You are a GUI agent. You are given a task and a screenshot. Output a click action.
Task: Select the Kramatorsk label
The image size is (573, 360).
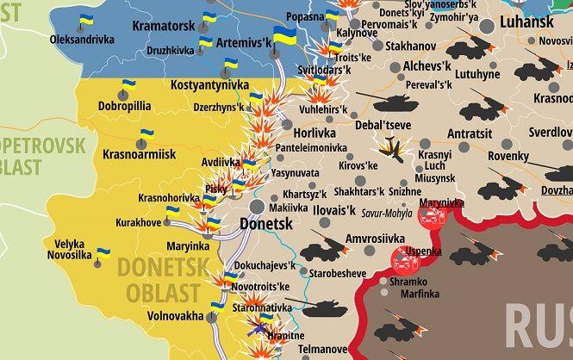pos(164,26)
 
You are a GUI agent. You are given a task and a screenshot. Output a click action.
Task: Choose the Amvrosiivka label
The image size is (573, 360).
pos(374,238)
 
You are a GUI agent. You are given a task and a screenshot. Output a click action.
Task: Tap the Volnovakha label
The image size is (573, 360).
pos(175,315)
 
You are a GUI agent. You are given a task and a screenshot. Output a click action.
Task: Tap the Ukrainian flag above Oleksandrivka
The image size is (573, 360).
pos(87,22)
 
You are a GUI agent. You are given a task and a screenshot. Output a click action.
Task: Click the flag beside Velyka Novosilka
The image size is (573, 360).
pos(103,254)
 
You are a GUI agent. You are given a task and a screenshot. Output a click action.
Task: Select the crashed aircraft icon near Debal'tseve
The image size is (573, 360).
pos(396,148)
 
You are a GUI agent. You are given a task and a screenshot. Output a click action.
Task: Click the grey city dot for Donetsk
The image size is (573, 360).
pos(257,207)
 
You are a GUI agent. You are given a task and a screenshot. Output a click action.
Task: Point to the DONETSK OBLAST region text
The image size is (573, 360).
pos(164,281)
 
